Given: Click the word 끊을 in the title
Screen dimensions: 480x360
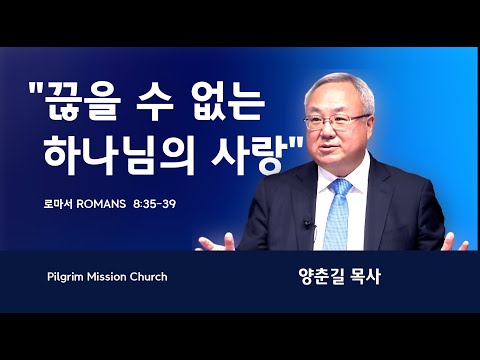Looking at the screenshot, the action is pyautogui.click(x=82, y=102).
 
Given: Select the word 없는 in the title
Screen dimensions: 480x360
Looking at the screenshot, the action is pyautogui.click(x=227, y=102).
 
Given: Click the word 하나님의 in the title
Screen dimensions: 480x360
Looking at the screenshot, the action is pyautogui.click(x=119, y=155).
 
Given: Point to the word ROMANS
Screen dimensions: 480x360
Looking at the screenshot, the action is pyautogui.click(x=101, y=204).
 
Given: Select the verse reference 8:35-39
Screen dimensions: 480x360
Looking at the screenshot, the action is pyautogui.click(x=154, y=204).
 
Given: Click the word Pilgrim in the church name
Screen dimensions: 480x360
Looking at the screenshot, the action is pyautogui.click(x=65, y=277).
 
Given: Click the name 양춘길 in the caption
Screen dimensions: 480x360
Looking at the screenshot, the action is pyautogui.click(x=321, y=277).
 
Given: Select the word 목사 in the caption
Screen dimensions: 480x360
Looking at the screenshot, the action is pyautogui.click(x=365, y=277).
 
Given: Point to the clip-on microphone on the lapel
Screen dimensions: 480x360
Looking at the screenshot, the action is pyautogui.click(x=308, y=224).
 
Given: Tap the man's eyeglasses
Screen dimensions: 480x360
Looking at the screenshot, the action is pyautogui.click(x=337, y=121).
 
